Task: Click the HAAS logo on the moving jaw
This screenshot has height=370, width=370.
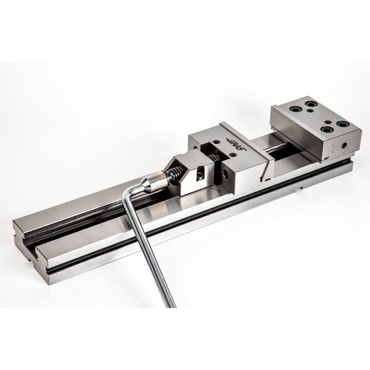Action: (236, 144)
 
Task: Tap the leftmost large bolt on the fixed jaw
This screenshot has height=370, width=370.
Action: (295, 109)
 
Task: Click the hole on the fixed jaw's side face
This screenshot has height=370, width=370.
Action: (345, 145)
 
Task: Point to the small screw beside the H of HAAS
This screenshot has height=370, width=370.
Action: (216, 142)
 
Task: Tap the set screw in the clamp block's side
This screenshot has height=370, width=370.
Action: (200, 175)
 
